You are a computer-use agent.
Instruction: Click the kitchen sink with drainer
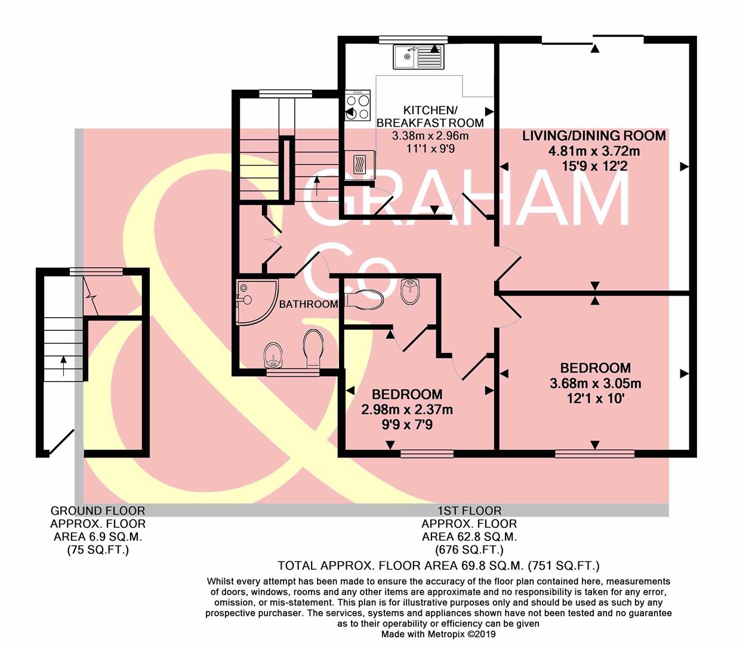pyautogui.click(x=418, y=57)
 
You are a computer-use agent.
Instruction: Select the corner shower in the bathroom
pyautogui.click(x=255, y=300)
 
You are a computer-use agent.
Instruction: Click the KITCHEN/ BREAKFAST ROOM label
pyautogui.click(x=430, y=116)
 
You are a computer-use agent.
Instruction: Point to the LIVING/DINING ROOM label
pyautogui.click(x=594, y=136)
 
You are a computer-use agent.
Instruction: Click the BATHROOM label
pyautogui.click(x=309, y=304)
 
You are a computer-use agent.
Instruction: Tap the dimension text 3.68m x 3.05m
pyautogui.click(x=595, y=383)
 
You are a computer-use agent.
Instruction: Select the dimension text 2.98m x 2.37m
pyautogui.click(x=406, y=410)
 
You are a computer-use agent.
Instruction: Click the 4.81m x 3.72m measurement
pyautogui.click(x=594, y=151)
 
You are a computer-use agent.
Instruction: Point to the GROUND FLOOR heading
pyautogui.click(x=98, y=511)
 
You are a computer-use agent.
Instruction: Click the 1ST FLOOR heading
pyautogui.click(x=469, y=511)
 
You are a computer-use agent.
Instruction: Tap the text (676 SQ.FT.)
pyautogui.click(x=469, y=550)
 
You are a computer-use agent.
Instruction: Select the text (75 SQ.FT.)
pyautogui.click(x=98, y=550)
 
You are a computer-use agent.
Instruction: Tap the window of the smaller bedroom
pyautogui.click(x=426, y=454)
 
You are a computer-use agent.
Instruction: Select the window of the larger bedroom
pyautogui.click(x=594, y=454)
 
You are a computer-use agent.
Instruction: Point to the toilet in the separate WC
pyautogui.click(x=363, y=299)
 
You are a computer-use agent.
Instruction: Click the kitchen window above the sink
pyautogui.click(x=413, y=40)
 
